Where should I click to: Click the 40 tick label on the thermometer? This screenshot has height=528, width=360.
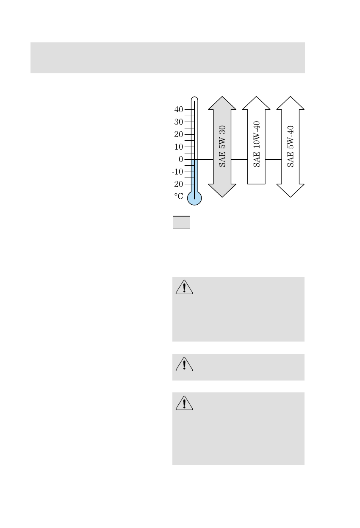(x=178, y=109)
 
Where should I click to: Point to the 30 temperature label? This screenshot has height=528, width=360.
(x=178, y=122)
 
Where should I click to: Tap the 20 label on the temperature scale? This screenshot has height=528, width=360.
(x=178, y=134)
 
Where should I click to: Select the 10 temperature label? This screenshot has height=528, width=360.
(x=178, y=147)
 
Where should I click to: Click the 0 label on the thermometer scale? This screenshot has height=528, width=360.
(x=181, y=159)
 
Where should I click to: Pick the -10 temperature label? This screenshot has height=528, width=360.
(x=177, y=172)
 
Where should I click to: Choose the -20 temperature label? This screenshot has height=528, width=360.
(x=177, y=184)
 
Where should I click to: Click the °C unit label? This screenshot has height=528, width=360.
(x=178, y=197)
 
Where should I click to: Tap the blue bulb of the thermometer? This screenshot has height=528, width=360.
(x=194, y=198)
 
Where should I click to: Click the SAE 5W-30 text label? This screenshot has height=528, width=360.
(x=222, y=146)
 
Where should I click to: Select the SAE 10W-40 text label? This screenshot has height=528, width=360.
(x=256, y=144)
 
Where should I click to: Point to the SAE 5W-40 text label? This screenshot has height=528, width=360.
(x=291, y=146)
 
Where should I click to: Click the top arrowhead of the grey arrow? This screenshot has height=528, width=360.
(x=222, y=103)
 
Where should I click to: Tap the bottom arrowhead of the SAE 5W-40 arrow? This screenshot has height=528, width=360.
(x=291, y=191)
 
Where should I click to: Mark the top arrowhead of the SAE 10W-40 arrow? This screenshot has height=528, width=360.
(x=256, y=103)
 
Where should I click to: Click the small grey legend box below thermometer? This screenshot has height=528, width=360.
(x=181, y=222)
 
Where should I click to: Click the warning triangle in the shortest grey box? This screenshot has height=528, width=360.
(x=184, y=364)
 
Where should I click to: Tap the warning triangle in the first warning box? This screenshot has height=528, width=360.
(x=184, y=287)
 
